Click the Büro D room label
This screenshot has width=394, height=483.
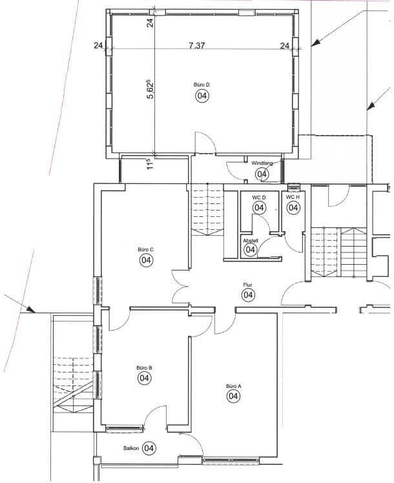(x=201, y=85)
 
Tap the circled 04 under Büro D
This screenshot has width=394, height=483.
(x=202, y=96)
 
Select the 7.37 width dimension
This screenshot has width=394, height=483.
(x=198, y=45)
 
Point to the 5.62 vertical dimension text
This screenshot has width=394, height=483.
(x=150, y=89)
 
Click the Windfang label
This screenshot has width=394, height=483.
(x=262, y=163)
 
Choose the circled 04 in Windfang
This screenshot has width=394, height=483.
(x=262, y=174)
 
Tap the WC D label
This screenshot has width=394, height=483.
(x=258, y=197)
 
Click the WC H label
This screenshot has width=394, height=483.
(x=293, y=197)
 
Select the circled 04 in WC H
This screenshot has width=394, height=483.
(x=293, y=208)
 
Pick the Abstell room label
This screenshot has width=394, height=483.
(x=250, y=240)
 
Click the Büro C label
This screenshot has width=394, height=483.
(x=145, y=249)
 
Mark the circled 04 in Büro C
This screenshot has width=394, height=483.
(x=145, y=260)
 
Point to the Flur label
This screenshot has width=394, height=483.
(x=247, y=284)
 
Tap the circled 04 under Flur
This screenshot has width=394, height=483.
(x=248, y=295)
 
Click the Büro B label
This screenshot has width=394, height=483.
(x=143, y=367)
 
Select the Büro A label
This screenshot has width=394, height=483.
(x=233, y=386)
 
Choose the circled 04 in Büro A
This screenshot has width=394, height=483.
(x=233, y=397)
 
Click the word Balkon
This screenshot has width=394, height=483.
(x=131, y=447)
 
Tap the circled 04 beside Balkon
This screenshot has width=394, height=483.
(x=149, y=447)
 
